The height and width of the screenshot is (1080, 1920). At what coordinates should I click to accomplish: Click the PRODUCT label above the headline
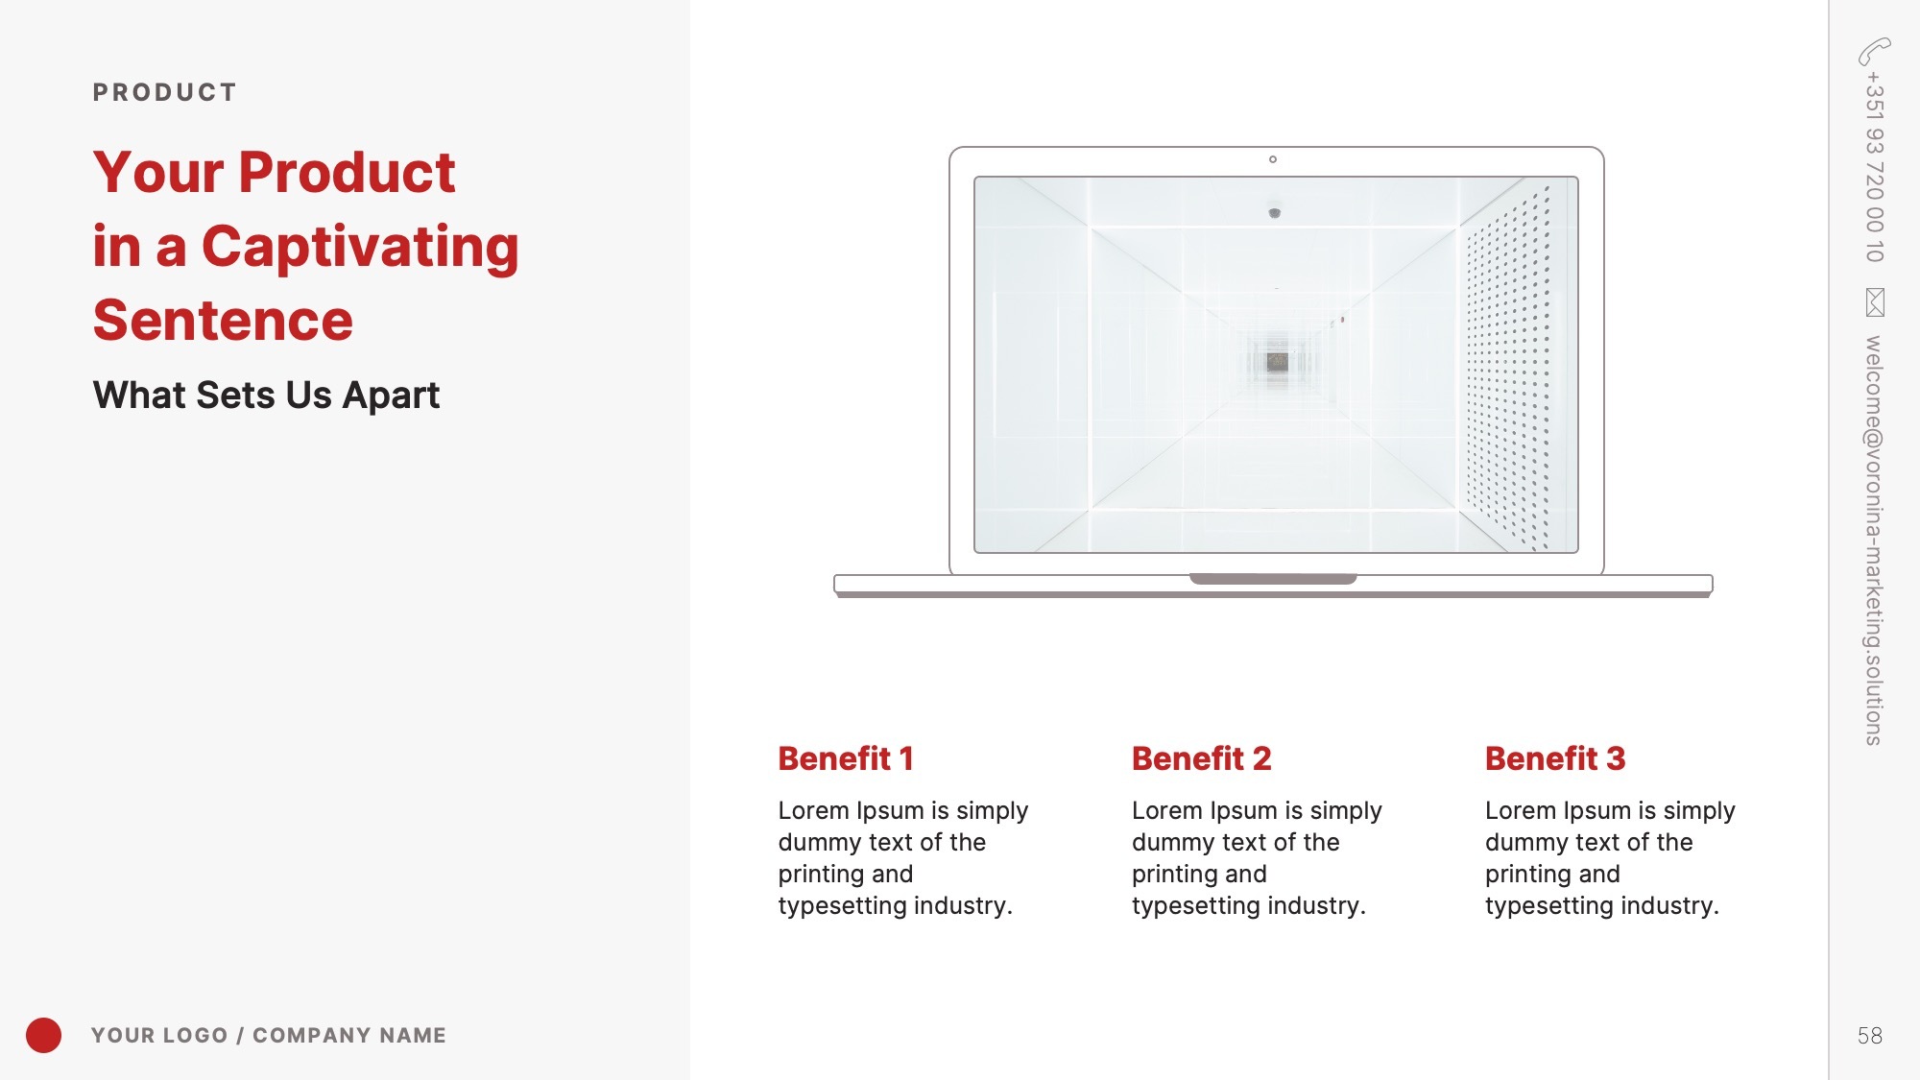click(x=164, y=92)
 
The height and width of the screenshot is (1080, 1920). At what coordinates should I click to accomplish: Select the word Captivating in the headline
click(x=360, y=248)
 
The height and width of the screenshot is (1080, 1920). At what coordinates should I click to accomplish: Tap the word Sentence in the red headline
click(x=223, y=320)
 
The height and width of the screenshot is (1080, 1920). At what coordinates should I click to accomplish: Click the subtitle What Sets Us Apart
click(x=266, y=395)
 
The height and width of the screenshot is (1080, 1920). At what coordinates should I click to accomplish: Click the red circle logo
click(x=43, y=1035)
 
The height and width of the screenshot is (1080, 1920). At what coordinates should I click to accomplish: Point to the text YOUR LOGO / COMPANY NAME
click(x=269, y=1035)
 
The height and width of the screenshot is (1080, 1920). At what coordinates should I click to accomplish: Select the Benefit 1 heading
click(x=846, y=758)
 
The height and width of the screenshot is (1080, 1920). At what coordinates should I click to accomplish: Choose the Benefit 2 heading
click(x=1201, y=758)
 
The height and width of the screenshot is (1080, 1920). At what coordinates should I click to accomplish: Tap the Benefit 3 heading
click(x=1555, y=758)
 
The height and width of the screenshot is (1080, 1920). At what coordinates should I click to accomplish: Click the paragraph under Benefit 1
click(x=902, y=857)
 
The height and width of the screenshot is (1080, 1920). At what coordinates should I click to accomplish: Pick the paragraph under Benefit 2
click(x=1257, y=857)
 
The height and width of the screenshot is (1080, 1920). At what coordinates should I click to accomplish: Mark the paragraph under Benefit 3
click(x=1610, y=857)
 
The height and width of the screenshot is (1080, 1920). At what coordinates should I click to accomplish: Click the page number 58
click(x=1869, y=1036)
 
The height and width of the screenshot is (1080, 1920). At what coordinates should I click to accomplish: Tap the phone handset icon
click(x=1874, y=51)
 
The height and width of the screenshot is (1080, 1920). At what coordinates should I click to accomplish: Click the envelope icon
click(x=1875, y=302)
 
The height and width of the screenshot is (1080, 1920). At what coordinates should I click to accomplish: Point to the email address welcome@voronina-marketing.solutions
click(x=1874, y=540)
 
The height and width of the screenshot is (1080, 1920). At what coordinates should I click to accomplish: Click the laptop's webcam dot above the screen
click(x=1273, y=159)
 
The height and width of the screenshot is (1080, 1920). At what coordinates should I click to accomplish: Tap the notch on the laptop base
click(x=1273, y=579)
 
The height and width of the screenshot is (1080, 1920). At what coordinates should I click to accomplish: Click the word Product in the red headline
click(x=347, y=173)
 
